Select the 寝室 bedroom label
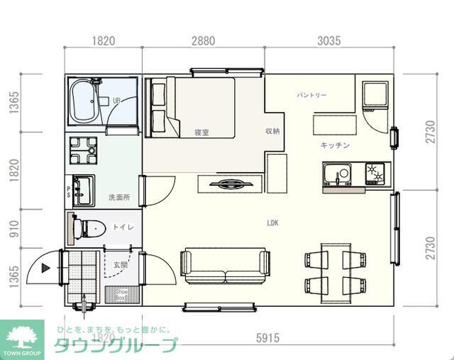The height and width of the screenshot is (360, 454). (201, 133)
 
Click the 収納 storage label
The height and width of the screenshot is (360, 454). (272, 131)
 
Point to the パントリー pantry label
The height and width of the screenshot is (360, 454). (311, 95)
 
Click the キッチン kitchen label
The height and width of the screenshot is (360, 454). (335, 145)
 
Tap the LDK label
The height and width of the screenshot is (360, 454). (272, 223)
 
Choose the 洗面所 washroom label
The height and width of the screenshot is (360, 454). (118, 196)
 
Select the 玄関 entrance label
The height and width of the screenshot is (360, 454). (120, 265)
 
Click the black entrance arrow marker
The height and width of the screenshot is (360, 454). (46, 268)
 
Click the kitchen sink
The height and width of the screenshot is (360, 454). (336, 174)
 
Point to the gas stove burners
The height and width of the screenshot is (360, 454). (374, 173)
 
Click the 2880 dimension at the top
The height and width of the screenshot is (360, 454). (203, 41)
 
